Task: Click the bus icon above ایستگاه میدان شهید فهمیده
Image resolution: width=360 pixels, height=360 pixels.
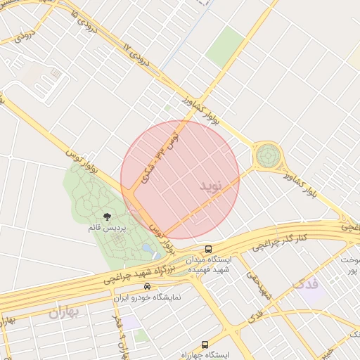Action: coord(209,249)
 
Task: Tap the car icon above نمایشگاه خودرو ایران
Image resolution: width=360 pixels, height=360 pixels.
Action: coord(146,287)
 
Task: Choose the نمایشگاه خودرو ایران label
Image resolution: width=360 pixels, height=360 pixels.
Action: coord(147,297)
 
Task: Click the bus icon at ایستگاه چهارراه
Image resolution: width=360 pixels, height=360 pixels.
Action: coord(205,345)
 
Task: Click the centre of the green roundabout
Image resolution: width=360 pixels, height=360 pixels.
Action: coord(267,155)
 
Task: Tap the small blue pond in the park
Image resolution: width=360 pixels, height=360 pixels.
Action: coord(148,248)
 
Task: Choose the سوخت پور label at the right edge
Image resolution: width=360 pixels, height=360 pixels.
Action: coord(349,266)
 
